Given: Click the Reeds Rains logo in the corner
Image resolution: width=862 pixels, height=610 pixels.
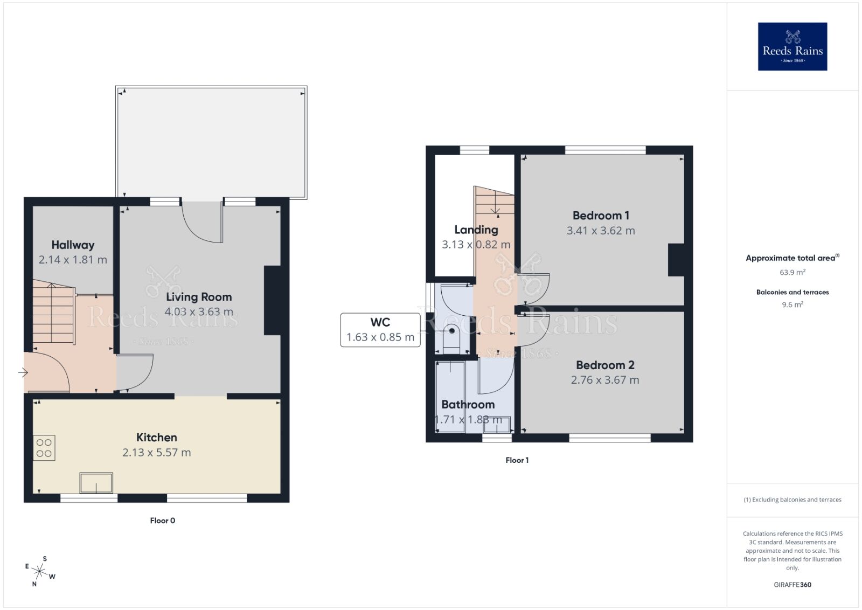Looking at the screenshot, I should (x=792, y=46).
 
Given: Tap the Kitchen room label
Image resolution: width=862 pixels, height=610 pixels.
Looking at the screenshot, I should (x=156, y=438).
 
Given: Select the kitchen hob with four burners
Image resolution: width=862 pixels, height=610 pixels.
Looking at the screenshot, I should (x=44, y=448).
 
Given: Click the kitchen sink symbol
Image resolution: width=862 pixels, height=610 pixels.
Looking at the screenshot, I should (x=96, y=483).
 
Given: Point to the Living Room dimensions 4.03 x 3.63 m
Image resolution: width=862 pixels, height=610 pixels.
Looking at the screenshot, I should (x=199, y=312).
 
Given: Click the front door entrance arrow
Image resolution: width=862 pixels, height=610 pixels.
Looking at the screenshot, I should (x=23, y=372).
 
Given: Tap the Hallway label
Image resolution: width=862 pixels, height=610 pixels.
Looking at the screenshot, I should (x=73, y=245).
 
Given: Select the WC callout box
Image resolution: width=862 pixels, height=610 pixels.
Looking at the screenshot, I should (x=380, y=330).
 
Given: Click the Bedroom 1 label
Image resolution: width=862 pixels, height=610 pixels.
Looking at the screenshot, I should (x=601, y=216).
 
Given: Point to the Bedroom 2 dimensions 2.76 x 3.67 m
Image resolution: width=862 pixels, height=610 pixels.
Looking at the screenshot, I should (x=605, y=380).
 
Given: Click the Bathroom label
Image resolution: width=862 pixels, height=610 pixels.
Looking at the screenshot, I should (x=468, y=405).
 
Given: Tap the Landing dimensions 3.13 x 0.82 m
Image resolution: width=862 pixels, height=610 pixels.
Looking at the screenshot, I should (x=476, y=245).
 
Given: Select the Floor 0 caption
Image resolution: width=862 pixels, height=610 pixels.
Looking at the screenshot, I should (x=162, y=521).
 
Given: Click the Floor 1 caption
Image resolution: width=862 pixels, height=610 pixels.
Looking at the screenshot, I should (x=517, y=460).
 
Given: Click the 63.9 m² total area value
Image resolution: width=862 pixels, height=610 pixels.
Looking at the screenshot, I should (x=792, y=272).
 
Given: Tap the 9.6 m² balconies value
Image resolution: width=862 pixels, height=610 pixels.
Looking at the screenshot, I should (x=792, y=304).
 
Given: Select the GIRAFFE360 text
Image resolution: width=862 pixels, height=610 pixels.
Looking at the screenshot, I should (x=792, y=585).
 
